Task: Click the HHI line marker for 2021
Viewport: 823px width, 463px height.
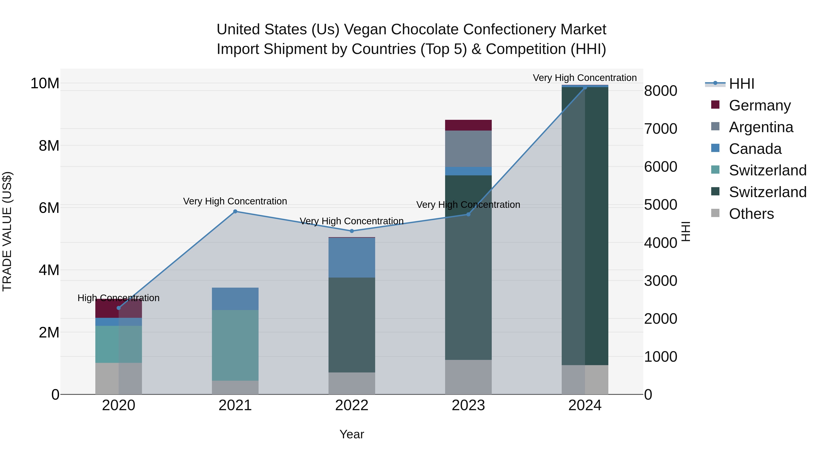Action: [235, 211]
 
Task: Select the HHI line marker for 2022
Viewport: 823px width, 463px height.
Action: [352, 231]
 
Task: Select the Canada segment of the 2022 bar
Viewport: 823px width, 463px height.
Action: [352, 257]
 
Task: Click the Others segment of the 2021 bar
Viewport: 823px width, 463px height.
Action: [235, 387]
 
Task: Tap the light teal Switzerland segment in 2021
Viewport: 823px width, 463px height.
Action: [235, 345]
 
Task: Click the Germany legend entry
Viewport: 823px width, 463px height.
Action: [759, 105]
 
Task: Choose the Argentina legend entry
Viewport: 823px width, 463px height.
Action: [761, 127]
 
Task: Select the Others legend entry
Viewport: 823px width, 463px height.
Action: [751, 214]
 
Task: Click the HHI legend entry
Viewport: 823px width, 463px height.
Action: [741, 84]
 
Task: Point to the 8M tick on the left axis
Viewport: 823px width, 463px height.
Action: [49, 146]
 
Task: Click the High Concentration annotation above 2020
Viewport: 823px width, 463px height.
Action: [118, 298]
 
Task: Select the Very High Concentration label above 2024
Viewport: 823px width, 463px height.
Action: [584, 78]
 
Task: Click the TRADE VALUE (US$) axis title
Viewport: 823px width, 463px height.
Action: [7, 231]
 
